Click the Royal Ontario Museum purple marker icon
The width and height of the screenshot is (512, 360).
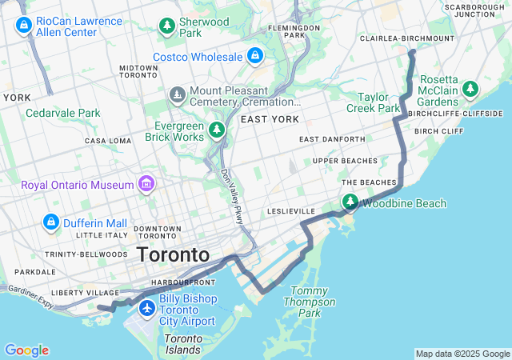[146, 185]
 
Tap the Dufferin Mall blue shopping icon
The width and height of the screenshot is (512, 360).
[50, 222]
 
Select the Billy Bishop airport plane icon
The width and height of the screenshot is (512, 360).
[146, 308]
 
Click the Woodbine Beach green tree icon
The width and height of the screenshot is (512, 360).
[350, 203]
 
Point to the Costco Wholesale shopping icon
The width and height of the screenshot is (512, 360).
[255, 56]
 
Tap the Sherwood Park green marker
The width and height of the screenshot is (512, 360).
[167, 26]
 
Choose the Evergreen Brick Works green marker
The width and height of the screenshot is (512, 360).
[216, 130]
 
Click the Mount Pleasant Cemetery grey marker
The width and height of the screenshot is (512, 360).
[177, 96]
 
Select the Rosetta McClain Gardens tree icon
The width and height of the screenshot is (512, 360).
[472, 88]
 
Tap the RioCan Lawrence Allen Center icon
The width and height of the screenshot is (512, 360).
[23, 26]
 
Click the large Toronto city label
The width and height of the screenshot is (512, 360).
[173, 255]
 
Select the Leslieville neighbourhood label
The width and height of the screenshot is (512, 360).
[292, 211]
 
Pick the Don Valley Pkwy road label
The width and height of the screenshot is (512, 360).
[231, 197]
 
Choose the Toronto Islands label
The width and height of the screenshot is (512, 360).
[183, 344]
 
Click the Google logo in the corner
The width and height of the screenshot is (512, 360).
[26, 350]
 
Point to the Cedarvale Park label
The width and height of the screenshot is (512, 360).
[63, 113]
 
